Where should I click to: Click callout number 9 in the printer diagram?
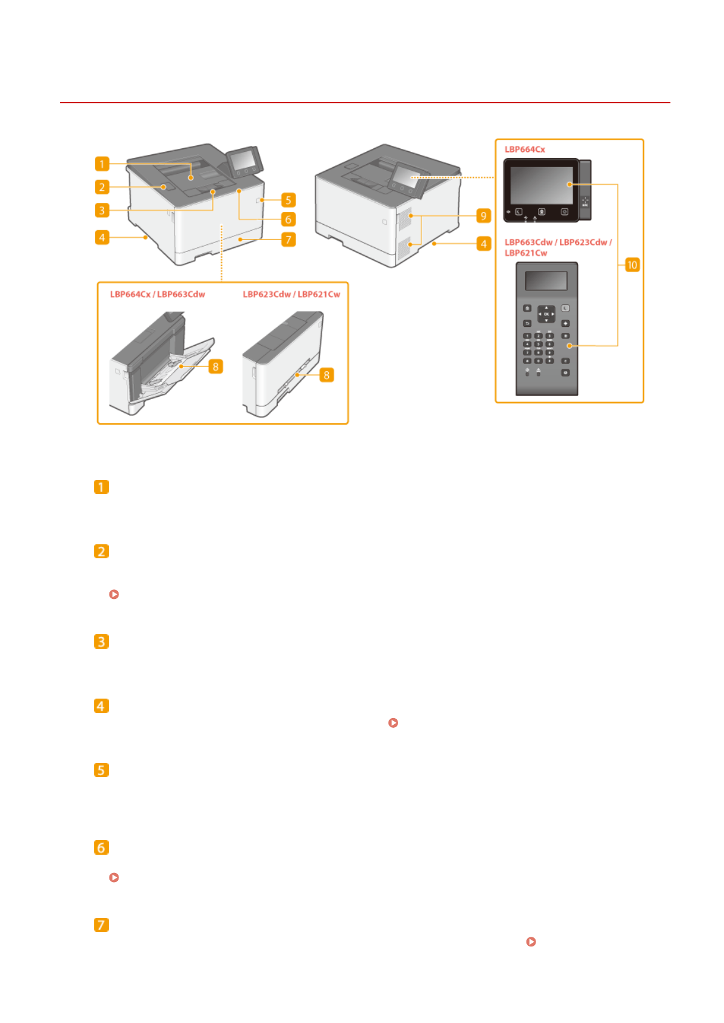(x=483, y=216)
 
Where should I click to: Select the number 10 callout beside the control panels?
(x=632, y=265)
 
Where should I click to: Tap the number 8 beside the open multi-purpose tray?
(x=215, y=366)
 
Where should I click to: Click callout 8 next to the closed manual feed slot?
(x=326, y=375)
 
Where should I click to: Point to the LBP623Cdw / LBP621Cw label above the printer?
(x=291, y=294)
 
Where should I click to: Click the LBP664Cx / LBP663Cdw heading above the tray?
(x=157, y=294)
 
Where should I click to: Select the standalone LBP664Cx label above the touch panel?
(x=525, y=149)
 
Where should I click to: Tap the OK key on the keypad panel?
(x=546, y=314)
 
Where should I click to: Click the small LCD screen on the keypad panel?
(x=546, y=281)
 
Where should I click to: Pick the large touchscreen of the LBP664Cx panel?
(x=541, y=185)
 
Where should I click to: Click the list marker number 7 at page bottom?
(x=102, y=925)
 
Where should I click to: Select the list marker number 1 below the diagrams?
(x=102, y=487)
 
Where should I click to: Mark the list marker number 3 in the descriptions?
(x=102, y=642)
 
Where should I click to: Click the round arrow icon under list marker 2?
(x=114, y=594)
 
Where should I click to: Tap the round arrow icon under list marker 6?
(x=114, y=877)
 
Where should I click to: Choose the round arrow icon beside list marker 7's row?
(x=531, y=942)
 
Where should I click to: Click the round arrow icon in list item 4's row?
(x=393, y=723)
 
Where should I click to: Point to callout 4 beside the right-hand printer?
(x=483, y=244)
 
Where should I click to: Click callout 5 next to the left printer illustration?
(x=288, y=200)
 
